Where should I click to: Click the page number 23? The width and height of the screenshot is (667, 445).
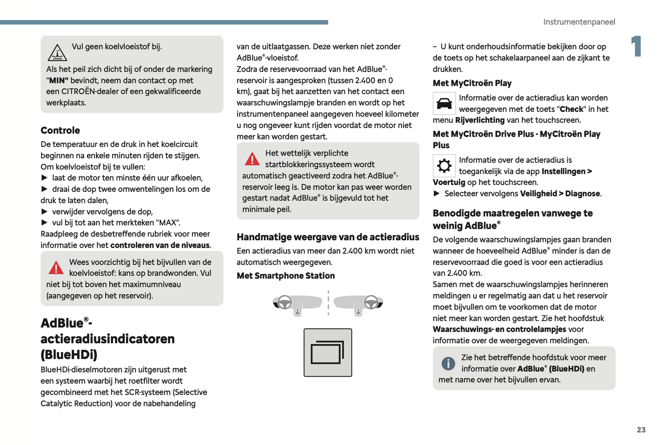tap(641, 430)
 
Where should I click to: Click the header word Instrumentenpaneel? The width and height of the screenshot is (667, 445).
tap(579, 22)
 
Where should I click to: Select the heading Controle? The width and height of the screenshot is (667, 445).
tap(60, 130)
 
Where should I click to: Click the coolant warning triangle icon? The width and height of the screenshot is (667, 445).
tap(57, 53)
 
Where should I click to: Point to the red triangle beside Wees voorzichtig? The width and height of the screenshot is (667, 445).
tap(56, 268)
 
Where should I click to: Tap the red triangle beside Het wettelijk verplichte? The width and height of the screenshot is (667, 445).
tap(252, 159)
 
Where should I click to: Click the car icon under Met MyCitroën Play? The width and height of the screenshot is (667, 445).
tap(444, 104)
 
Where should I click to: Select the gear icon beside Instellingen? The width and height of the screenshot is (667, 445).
tap(444, 165)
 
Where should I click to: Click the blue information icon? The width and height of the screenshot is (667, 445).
tap(448, 363)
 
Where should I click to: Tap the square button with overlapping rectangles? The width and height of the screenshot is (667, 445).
tap(328, 353)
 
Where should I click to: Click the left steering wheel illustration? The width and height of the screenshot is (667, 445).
tap(285, 302)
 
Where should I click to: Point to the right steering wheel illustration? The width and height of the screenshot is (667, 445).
tap(371, 302)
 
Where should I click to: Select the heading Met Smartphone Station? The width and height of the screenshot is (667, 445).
tap(286, 276)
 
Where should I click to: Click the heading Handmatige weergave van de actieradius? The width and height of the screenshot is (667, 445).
tap(328, 237)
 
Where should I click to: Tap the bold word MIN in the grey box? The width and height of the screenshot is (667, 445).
tap(59, 80)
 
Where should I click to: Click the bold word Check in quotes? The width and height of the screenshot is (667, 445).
tap(571, 109)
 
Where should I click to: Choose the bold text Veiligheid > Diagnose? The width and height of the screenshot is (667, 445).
tap(560, 194)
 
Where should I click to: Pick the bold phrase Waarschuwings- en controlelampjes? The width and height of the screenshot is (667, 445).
tap(499, 329)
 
